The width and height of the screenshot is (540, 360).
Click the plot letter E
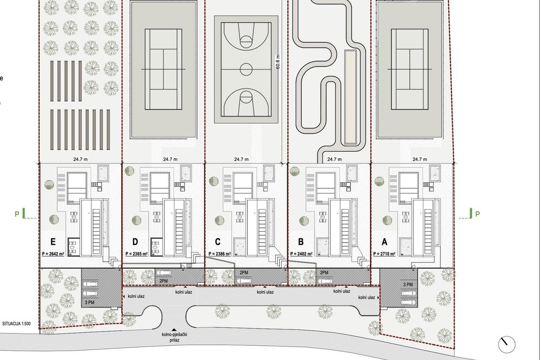(x=53, y=242)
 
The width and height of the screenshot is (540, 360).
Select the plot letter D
(x=135, y=242)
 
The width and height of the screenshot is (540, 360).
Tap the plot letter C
(x=217, y=242)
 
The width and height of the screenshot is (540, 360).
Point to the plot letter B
(x=300, y=242)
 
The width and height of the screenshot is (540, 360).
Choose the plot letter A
(x=384, y=242)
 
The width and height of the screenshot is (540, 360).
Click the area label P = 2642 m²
(x=53, y=254)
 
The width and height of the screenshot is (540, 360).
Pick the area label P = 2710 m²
(x=384, y=254)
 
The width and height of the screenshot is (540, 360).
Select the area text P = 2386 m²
(x=219, y=254)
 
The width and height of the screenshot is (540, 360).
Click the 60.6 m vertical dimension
(x=278, y=62)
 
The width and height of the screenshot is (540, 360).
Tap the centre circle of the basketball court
(x=246, y=69)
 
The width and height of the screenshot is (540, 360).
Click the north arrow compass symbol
(x=507, y=344)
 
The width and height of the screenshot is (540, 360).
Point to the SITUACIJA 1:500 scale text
(x=17, y=324)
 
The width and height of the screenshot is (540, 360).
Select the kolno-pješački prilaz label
(x=174, y=337)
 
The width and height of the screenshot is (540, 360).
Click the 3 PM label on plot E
(x=89, y=303)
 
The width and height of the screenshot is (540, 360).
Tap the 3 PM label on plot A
(x=408, y=284)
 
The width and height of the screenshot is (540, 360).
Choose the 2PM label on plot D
(x=163, y=281)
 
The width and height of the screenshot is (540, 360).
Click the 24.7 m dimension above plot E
(x=80, y=159)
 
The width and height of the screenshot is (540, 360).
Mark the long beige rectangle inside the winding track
(x=350, y=96)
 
